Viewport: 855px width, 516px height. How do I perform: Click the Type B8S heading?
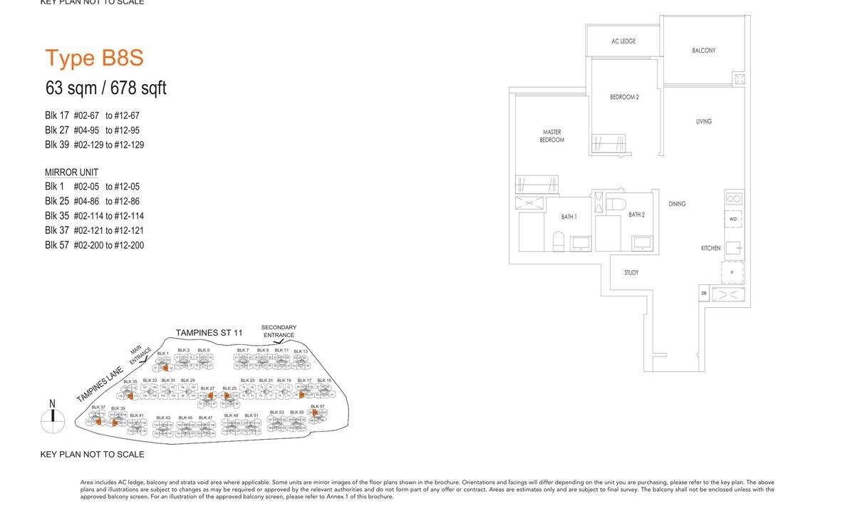tap(95, 58)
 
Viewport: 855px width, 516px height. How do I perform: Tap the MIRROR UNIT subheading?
tap(71, 172)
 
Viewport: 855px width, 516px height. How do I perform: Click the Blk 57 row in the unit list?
tap(94, 245)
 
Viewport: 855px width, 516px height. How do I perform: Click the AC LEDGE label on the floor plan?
tap(623, 41)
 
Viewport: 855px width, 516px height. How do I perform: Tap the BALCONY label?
tap(703, 51)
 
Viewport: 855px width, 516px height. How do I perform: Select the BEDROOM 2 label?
tap(624, 97)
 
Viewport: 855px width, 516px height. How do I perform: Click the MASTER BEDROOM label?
tap(551, 136)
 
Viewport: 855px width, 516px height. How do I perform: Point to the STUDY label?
tap(631, 273)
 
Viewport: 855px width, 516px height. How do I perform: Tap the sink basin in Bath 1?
tap(580, 243)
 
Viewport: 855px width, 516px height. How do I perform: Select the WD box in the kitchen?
tap(733, 219)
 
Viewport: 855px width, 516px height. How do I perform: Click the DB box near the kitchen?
tap(703, 293)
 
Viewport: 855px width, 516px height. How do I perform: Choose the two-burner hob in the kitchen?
tap(733, 199)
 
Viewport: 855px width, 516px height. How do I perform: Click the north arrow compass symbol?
tap(53, 421)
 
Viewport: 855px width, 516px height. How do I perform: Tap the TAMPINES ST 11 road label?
tap(209, 333)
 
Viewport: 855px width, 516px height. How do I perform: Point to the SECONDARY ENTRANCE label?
tap(279, 331)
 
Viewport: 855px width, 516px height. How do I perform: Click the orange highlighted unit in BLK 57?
tap(316, 413)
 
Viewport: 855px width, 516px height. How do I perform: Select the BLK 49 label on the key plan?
tap(231, 416)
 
